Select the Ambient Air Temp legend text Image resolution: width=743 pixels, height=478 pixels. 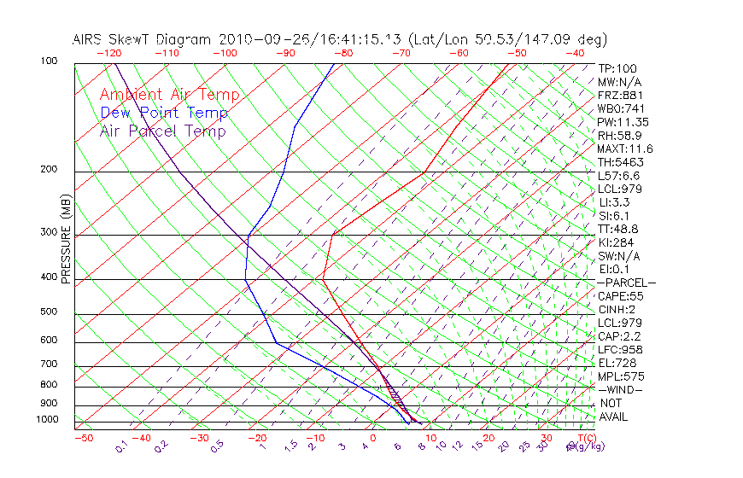pyautogui.click(x=170, y=96)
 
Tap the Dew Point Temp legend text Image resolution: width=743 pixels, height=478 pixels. pyautogui.click(x=164, y=114)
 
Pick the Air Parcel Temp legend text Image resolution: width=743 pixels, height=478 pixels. pyautogui.click(x=163, y=131)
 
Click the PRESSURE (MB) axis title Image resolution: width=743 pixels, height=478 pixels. pyautogui.click(x=66, y=239)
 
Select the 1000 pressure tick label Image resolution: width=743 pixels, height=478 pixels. pyautogui.click(x=48, y=420)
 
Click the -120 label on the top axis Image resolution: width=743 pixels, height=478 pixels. pyautogui.click(x=109, y=53)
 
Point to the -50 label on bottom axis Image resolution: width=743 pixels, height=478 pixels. pyautogui.click(x=83, y=439)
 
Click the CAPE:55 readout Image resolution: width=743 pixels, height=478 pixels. pyautogui.click(x=620, y=296)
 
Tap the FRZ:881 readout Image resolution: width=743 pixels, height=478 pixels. pyautogui.click(x=617, y=96)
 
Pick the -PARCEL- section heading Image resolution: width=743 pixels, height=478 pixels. pyautogui.click(x=626, y=283)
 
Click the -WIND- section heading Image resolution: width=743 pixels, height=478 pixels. pyautogui.click(x=621, y=390)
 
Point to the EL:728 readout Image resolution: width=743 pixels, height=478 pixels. pyautogui.click(x=615, y=363)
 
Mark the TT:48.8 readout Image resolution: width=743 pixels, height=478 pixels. pyautogui.click(x=618, y=229)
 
